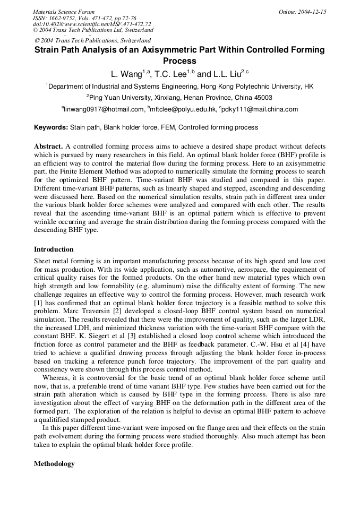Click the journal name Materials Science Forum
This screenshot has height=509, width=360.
pyautogui.click(x=64, y=12)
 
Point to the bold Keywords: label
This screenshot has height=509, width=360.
pyautogui.click(x=51, y=127)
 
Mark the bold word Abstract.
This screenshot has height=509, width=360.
pyautogui.click(x=48, y=146)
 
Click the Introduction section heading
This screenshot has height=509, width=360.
pyautogui.click(x=54, y=249)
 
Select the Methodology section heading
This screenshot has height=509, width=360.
pyautogui.click(x=54, y=463)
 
